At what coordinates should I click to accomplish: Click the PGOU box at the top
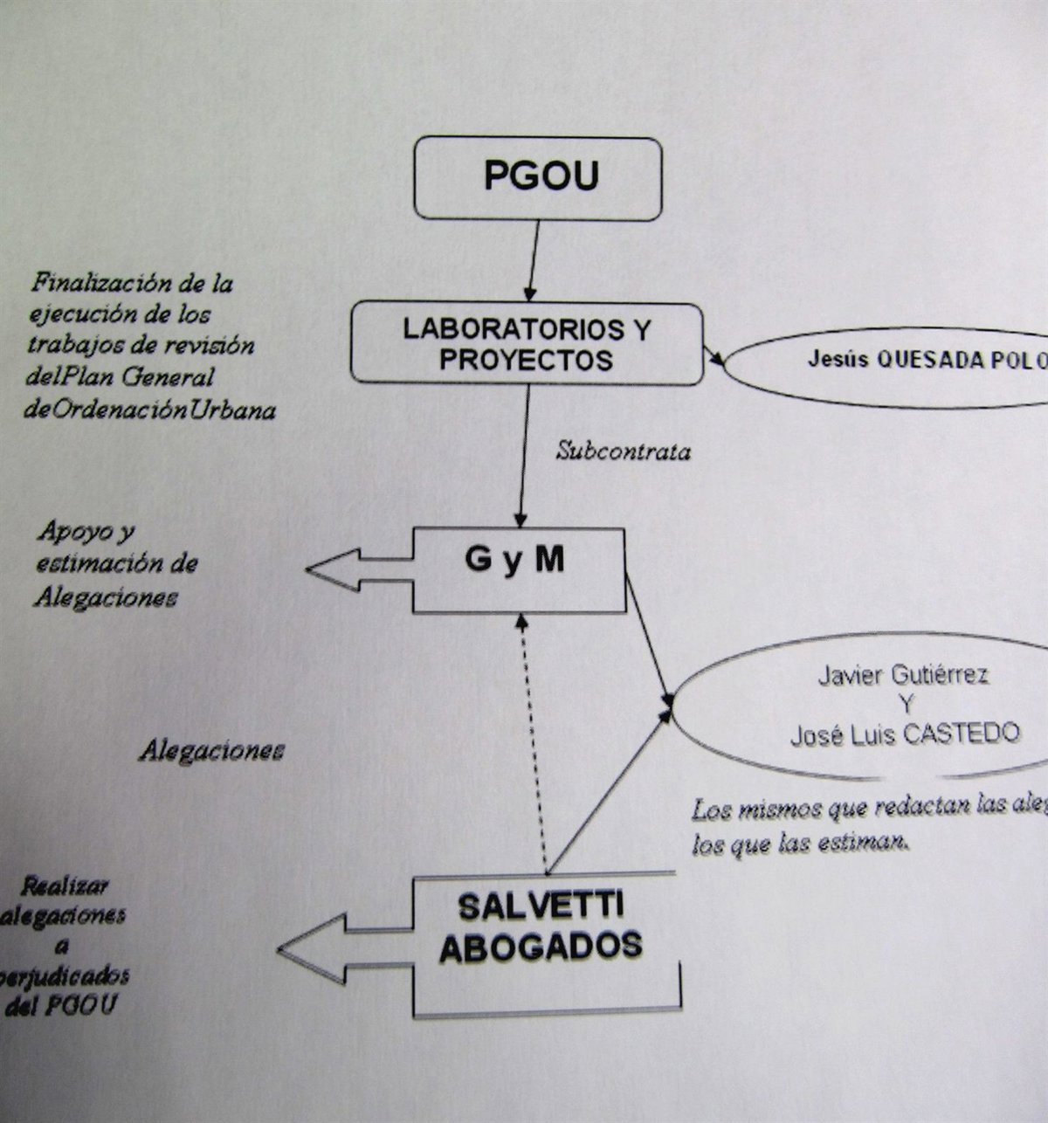538,178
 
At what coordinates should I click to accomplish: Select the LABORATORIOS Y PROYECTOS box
527,344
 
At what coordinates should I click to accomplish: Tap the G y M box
519,568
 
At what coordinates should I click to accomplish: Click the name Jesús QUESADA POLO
926,361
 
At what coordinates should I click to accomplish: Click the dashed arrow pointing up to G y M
534,742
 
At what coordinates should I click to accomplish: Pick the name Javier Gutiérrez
903,675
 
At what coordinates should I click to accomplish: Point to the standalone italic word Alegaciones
211,751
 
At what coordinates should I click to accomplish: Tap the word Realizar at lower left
64,885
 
